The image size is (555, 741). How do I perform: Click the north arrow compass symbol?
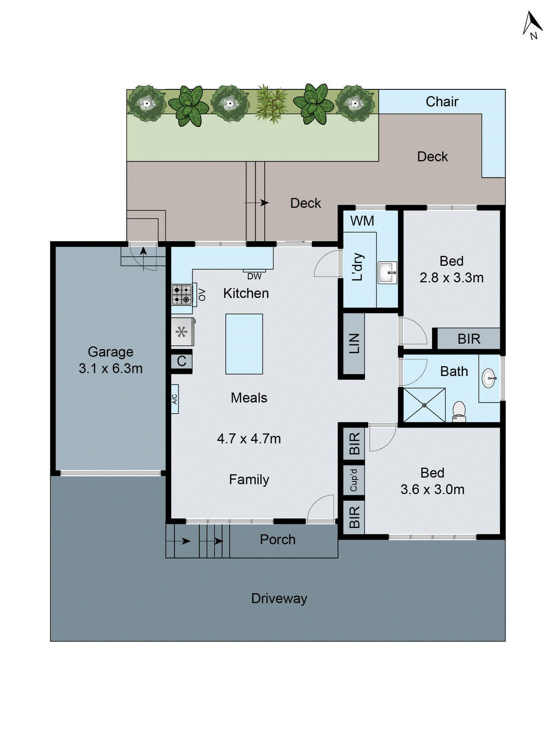532,25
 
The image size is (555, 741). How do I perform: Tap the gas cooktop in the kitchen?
181,295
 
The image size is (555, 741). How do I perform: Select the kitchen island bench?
244,344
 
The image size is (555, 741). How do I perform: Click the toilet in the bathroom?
458,411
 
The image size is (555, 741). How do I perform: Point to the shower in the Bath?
424,405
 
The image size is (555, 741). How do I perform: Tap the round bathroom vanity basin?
489,378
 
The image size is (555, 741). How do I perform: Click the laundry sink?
387,272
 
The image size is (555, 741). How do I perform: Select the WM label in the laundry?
362,221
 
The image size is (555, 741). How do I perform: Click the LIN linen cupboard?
354,343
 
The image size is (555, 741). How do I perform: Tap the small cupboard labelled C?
181,361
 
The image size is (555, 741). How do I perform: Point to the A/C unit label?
175,398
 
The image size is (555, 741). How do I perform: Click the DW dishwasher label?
254,276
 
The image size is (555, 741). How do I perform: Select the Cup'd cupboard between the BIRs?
354,479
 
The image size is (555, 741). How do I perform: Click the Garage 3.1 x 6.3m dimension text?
111,368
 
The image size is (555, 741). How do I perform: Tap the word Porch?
277,540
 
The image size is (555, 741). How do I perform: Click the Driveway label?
279,598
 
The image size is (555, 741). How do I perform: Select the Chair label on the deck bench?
442,101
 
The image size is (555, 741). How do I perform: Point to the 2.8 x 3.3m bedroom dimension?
451,278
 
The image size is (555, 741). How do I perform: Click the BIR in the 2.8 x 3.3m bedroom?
469,339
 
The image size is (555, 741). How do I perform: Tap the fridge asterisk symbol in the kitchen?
182,332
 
